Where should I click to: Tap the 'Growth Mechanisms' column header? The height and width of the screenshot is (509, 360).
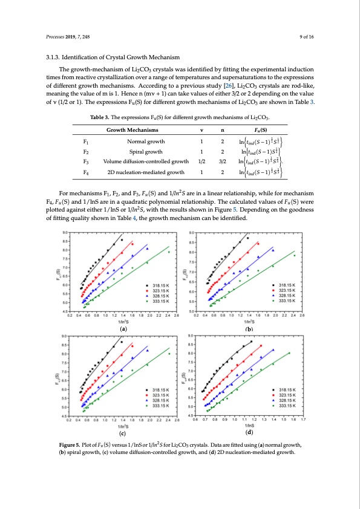click(x=133, y=130)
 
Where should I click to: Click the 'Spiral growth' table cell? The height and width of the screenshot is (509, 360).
click(x=133, y=152)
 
